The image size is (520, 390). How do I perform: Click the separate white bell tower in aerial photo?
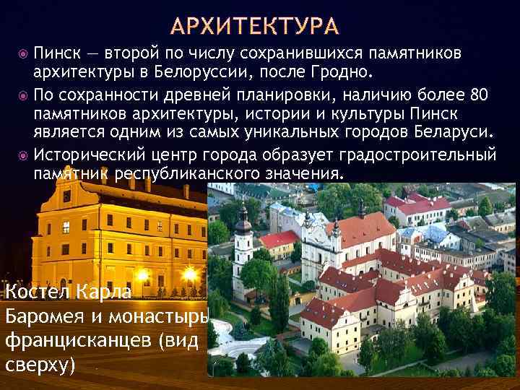click(243, 242)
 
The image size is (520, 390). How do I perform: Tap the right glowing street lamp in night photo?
click(189, 275)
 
